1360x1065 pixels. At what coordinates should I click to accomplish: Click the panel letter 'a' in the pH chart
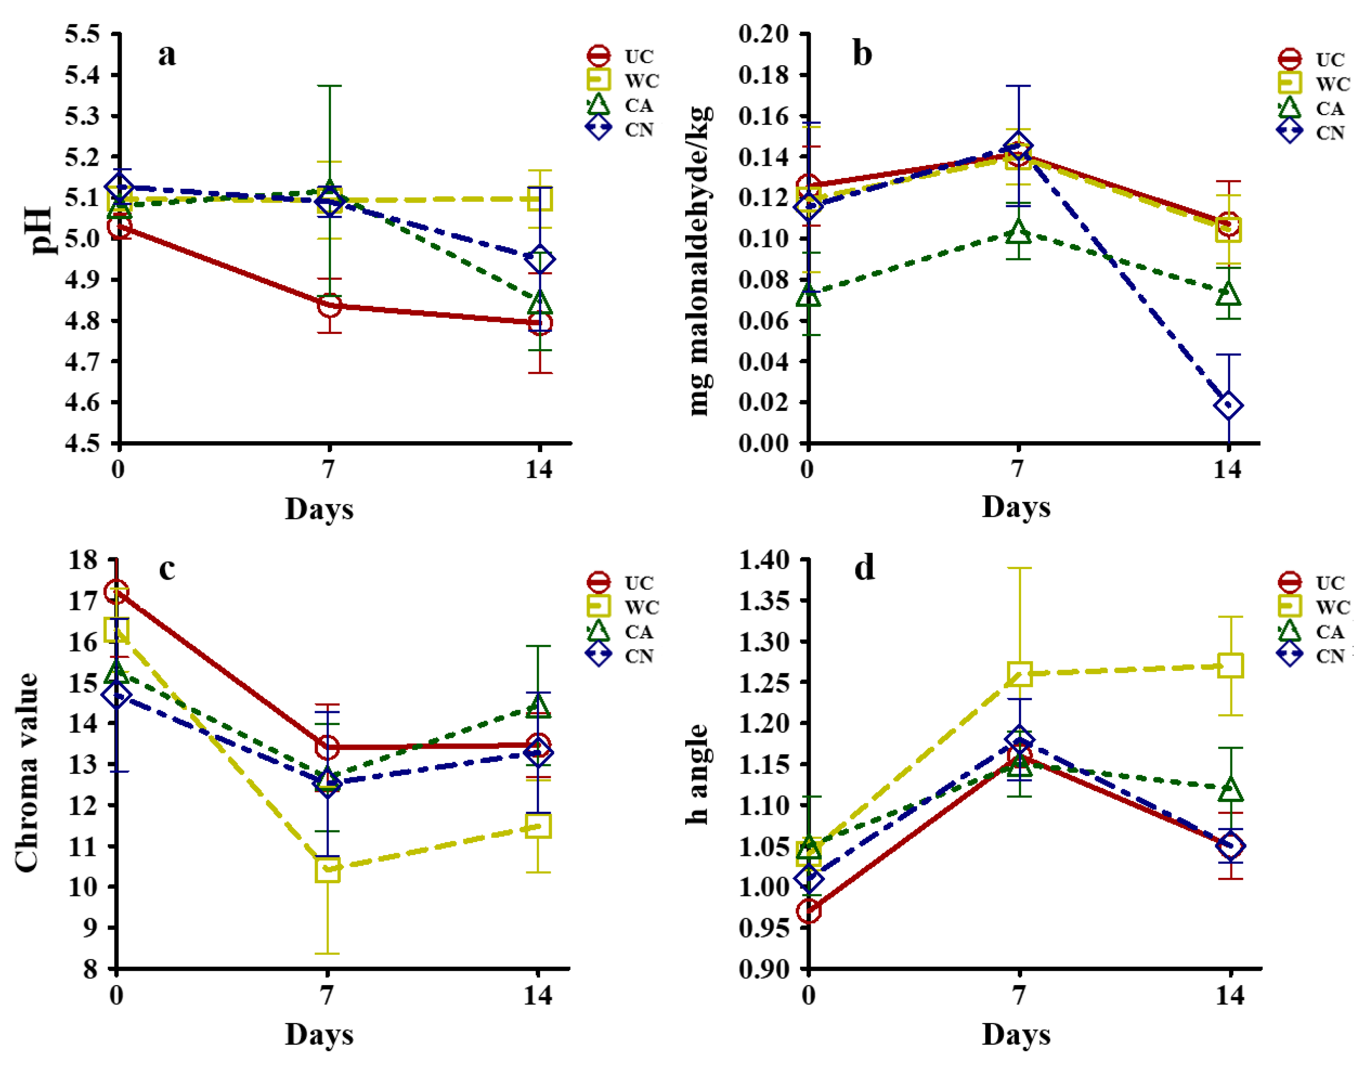[x=167, y=55]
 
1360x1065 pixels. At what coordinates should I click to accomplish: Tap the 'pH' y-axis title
[x=42, y=231]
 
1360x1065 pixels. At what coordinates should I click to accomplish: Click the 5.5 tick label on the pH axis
[x=83, y=34]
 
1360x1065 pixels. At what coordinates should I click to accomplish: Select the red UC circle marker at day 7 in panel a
[x=329, y=305]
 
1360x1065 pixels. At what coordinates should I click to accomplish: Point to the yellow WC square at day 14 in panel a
[x=539, y=200]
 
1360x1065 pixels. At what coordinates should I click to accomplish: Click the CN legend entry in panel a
[x=620, y=130]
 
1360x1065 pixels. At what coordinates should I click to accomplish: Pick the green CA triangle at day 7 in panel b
[x=1018, y=232]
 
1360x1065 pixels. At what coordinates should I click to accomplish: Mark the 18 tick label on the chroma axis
[x=84, y=560]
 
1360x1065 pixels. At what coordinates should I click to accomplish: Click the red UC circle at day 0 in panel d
[x=809, y=911]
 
